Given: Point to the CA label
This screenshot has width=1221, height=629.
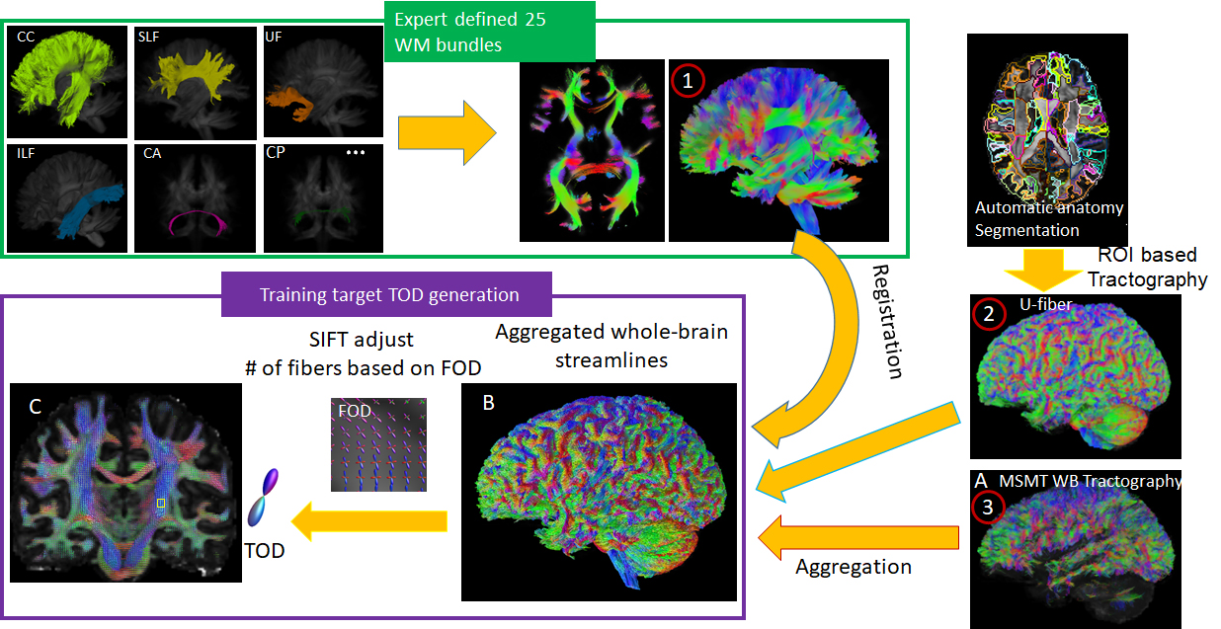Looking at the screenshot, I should tap(153, 153).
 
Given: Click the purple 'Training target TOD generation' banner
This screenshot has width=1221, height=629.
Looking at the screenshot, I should tap(387, 294).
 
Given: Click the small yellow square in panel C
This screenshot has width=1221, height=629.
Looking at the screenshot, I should tap(161, 504).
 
